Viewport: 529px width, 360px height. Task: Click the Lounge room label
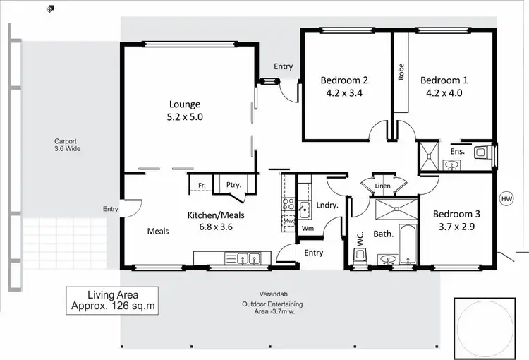184,104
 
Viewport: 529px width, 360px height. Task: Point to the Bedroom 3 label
456,214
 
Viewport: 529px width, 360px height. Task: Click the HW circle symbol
506,200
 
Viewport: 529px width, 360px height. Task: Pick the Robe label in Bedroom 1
401,73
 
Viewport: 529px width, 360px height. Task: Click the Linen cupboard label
383,186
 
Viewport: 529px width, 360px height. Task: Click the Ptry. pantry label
233,186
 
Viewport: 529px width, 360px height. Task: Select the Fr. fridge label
201,186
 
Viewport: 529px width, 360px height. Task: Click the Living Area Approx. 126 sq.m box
111,301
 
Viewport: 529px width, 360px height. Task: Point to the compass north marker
49,10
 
